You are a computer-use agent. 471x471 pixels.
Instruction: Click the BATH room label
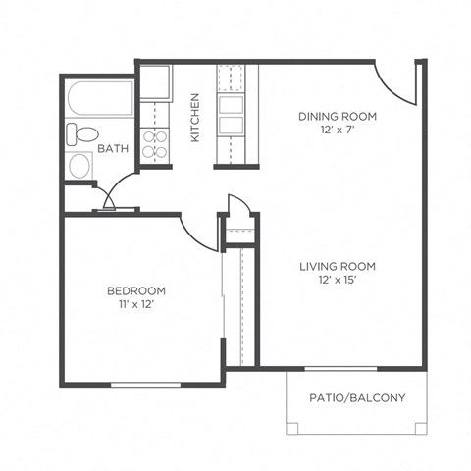pos(111,150)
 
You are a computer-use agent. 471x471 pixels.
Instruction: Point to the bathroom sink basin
pos(78,165)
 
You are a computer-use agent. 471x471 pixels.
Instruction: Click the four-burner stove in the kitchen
pos(155,144)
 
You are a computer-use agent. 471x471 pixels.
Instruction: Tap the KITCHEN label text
pos(195,118)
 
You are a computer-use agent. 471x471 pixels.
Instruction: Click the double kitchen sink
pos(232,116)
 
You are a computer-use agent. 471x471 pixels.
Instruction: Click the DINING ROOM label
pos(337,116)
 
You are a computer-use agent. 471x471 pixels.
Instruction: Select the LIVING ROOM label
pos(337,266)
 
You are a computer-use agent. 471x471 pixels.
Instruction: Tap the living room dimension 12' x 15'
pos(337,281)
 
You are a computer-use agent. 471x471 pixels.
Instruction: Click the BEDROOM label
pos(135,291)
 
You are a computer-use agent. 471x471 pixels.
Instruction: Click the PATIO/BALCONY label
pos(356,398)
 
